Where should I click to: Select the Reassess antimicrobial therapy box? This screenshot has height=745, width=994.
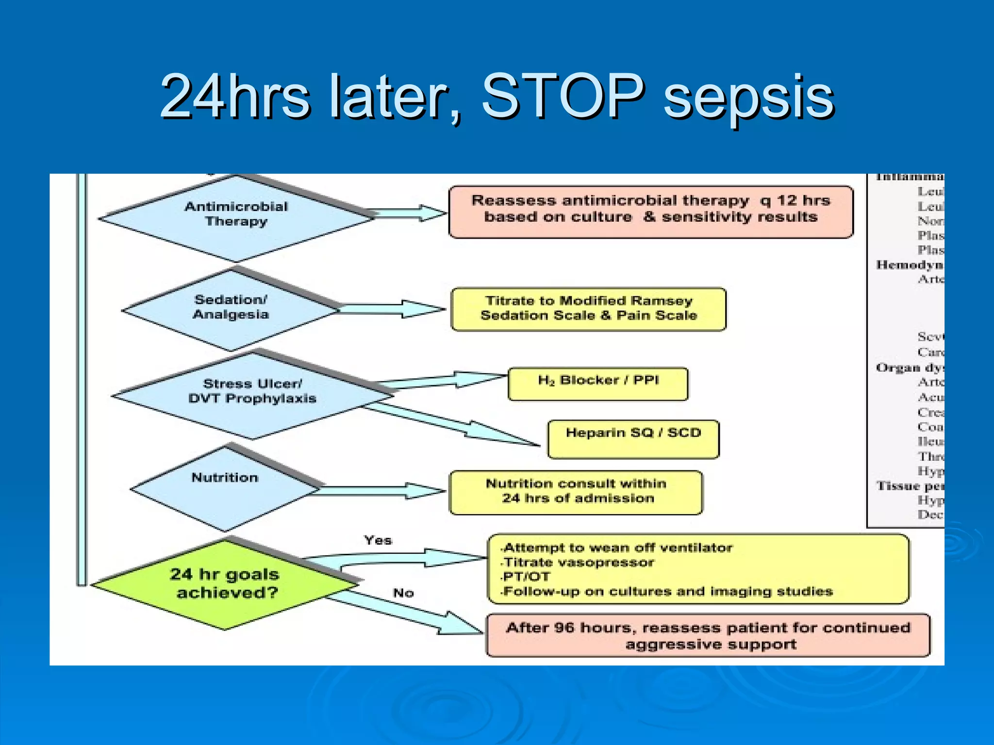click(650, 211)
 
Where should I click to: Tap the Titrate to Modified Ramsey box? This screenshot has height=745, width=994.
click(588, 309)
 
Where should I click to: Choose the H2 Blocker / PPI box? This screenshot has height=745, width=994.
click(597, 384)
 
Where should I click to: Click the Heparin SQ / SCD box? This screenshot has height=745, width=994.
click(633, 438)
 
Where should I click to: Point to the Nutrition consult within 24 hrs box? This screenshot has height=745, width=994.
click(576, 492)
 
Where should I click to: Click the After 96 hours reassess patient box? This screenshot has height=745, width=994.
click(708, 635)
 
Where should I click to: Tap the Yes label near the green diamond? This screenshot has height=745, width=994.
click(378, 540)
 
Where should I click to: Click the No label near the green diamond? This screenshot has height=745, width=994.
click(403, 593)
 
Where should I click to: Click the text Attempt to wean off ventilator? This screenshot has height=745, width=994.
click(618, 548)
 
